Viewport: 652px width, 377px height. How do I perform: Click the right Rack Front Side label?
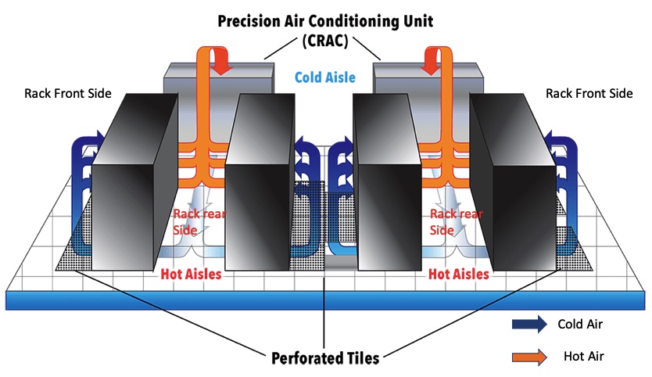pyautogui.click(x=589, y=94)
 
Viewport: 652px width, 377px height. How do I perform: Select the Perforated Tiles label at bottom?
pyautogui.click(x=325, y=359)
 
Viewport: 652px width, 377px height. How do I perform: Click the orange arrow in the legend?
pyautogui.click(x=528, y=356)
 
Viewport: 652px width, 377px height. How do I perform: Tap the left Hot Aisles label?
pyautogui.click(x=191, y=275)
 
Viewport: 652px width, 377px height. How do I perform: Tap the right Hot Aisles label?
pyautogui.click(x=459, y=275)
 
